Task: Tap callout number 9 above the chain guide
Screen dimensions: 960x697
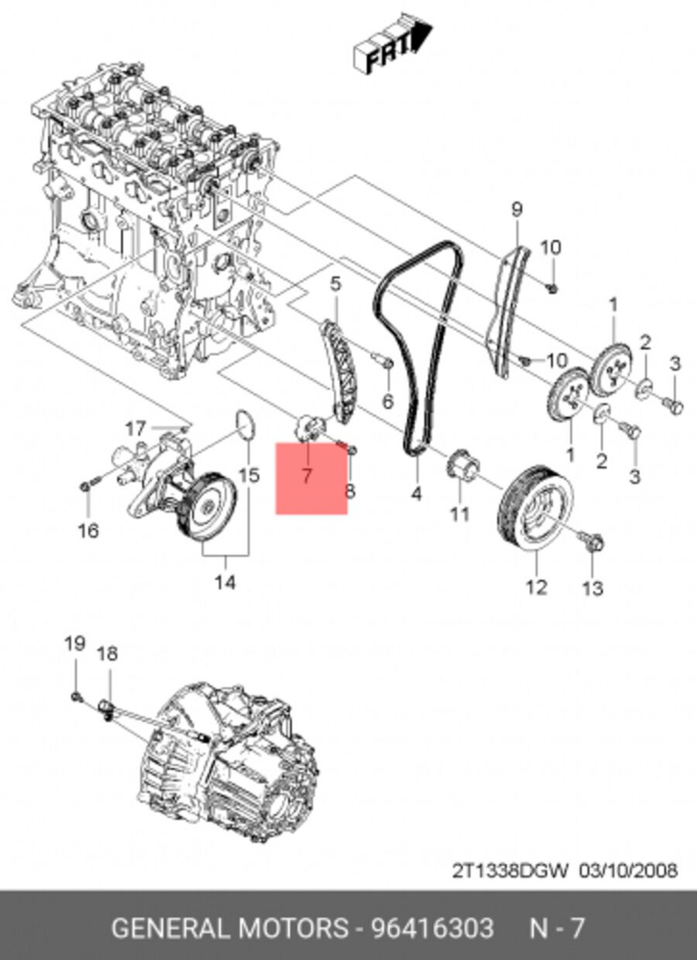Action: pyautogui.click(x=516, y=209)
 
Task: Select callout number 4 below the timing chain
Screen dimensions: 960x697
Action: pyautogui.click(x=417, y=495)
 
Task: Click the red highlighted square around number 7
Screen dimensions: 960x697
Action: pyautogui.click(x=311, y=479)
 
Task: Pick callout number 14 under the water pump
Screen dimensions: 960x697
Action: pyautogui.click(x=225, y=582)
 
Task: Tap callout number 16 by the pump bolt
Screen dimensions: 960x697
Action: pyautogui.click(x=88, y=530)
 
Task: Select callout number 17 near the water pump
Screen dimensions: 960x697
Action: pyautogui.click(x=135, y=428)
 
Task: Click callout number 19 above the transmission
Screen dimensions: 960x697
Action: pyautogui.click(x=75, y=644)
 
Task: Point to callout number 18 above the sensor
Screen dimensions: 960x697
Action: pyautogui.click(x=107, y=654)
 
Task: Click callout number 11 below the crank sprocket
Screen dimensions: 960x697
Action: pyautogui.click(x=460, y=515)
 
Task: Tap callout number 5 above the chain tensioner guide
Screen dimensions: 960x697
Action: pyautogui.click(x=335, y=284)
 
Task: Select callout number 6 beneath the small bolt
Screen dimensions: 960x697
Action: pyautogui.click(x=388, y=399)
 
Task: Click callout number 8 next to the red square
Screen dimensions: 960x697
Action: pyautogui.click(x=349, y=492)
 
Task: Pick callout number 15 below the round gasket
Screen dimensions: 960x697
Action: pyautogui.click(x=249, y=475)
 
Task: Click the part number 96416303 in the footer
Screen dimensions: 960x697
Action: pyautogui.click(x=439, y=928)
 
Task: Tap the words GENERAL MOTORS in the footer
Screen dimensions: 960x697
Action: pyautogui.click(x=228, y=928)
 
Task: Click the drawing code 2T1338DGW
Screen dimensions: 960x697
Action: pyautogui.click(x=512, y=871)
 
